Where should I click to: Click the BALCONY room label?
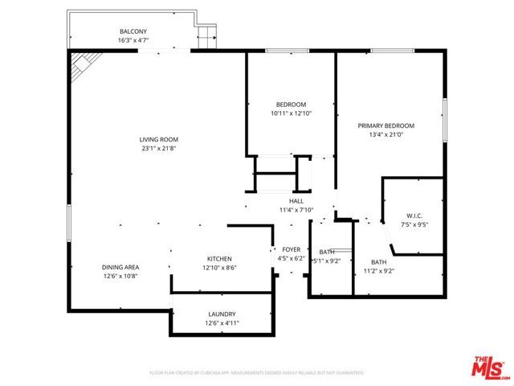point(133,31)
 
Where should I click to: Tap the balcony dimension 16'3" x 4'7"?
point(133,40)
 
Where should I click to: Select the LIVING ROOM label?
point(158,139)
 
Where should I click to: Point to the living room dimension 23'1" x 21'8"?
point(158,148)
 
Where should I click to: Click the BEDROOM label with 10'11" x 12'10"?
point(291,105)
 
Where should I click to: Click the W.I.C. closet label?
point(414,215)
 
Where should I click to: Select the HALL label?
point(296,201)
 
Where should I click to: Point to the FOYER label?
point(291,249)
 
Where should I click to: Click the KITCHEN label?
point(219,258)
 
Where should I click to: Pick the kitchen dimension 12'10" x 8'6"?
point(219,268)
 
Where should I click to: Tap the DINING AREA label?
point(120,267)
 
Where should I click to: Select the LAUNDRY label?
point(222,314)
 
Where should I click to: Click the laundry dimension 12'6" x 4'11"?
point(222,323)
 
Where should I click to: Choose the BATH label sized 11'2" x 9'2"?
point(378,262)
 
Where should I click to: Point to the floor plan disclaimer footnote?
point(257,373)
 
